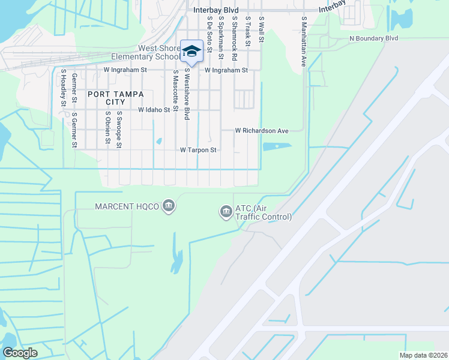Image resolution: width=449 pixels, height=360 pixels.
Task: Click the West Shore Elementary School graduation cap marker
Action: click(192, 50)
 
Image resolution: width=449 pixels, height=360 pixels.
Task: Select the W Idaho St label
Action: click(151, 110)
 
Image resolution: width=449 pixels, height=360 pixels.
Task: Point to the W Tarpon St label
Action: click(198, 150)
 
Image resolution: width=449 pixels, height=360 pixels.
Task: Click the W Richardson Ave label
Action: click(262, 130)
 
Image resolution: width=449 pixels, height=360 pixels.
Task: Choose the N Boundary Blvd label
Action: click(373, 38)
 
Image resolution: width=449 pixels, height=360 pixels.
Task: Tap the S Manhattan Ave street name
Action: click(304, 41)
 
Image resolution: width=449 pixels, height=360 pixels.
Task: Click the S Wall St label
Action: click(262, 29)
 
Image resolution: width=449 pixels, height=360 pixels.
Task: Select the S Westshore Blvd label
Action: click(187, 93)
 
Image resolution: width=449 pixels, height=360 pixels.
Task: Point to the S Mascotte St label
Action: click(175, 91)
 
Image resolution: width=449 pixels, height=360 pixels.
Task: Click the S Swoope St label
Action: click(119, 129)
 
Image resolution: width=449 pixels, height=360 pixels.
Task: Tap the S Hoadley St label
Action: click(63, 88)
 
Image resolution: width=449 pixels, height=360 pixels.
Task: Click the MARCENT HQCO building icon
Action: click(168, 206)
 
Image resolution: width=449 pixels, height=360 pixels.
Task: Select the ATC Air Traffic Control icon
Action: click(226, 211)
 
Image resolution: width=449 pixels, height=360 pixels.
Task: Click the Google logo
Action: click(20, 353)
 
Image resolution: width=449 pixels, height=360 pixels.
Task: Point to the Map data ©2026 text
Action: click(423, 355)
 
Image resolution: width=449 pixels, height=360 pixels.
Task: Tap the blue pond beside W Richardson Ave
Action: click(277, 145)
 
